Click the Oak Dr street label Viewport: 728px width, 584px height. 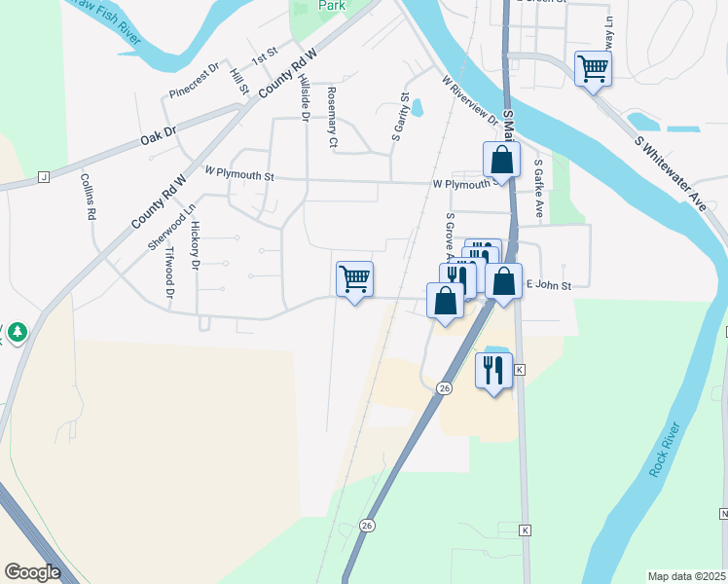coord(157,135)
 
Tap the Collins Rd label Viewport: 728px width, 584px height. coord(87,196)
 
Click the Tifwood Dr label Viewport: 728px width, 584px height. coord(170,272)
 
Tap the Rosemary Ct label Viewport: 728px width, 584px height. coord(332,118)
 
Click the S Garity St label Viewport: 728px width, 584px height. coord(398,118)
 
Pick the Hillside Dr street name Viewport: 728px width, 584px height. coord(305,97)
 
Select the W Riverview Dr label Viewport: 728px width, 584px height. coord(470,101)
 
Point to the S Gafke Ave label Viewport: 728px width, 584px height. coord(537,191)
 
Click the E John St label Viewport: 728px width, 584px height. coord(548,285)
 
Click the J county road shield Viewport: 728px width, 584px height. coord(43,176)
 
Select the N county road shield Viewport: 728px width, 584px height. coord(723,513)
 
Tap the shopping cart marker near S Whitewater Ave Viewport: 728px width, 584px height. coord(592,69)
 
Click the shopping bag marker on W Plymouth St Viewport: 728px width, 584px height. coord(501,160)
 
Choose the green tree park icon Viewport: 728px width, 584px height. coord(17,334)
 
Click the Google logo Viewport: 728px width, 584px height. coord(32,572)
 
